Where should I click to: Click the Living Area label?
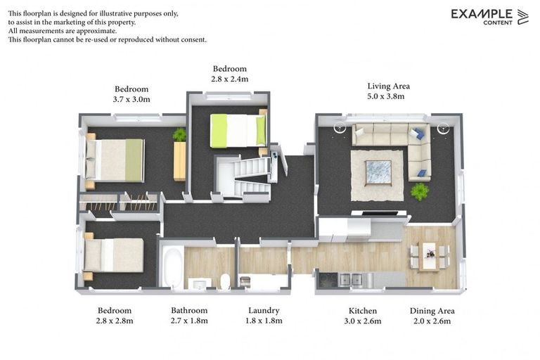pos(388,86)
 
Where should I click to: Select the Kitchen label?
pos(363,310)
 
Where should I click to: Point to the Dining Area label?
pos(432,310)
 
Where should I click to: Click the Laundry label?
pos(264,310)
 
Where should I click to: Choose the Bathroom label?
pos(189,310)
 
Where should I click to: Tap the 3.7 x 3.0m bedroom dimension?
pos(131,100)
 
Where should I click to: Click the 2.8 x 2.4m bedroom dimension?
pos(229,79)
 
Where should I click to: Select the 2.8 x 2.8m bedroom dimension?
pos(115,321)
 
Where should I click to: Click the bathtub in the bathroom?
pos(173,267)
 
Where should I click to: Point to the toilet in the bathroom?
pos(225,281)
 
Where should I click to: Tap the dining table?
pos(428,255)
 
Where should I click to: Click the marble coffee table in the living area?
pos(378,172)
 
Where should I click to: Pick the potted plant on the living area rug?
pos(420,191)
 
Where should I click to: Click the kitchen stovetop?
pos(328,280)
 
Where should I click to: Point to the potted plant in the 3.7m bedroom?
pos(180,134)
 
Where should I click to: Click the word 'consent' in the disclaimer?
pos(192,40)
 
